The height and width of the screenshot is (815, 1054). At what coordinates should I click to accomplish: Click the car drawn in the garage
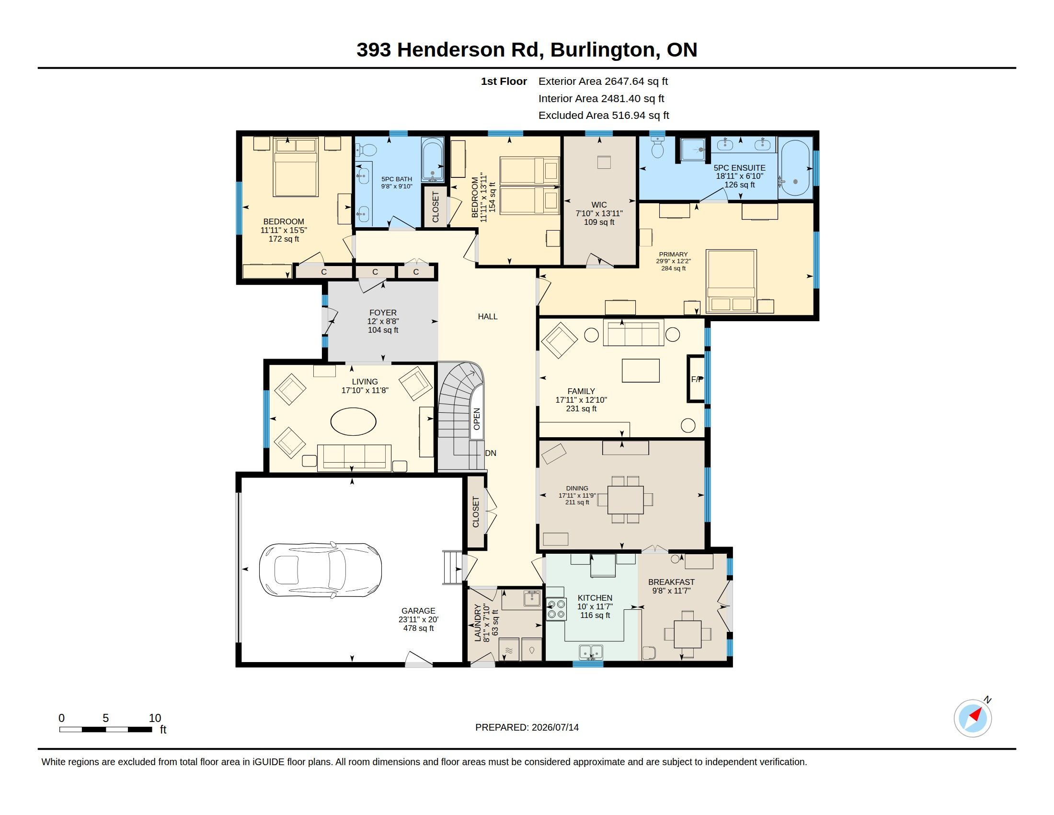click(x=321, y=570)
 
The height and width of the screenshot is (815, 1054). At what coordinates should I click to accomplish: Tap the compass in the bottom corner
click(x=973, y=718)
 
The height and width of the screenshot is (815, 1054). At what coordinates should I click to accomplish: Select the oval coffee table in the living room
click(x=353, y=422)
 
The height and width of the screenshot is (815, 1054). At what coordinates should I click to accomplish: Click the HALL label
click(x=487, y=317)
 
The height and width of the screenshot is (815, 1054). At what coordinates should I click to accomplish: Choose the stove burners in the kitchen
click(x=555, y=609)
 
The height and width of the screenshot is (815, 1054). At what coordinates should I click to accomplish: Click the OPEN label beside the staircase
click(x=477, y=419)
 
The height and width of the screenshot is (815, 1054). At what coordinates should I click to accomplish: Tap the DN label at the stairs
click(x=490, y=454)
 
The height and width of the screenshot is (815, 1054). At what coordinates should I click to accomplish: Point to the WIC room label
click(x=599, y=205)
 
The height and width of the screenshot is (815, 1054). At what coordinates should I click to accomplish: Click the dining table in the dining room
click(x=625, y=500)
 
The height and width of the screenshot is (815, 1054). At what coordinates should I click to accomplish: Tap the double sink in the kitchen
click(x=591, y=652)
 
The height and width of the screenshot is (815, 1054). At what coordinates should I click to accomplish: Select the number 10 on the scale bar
click(x=154, y=718)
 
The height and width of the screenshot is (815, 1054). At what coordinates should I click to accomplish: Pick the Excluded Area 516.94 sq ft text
click(x=604, y=116)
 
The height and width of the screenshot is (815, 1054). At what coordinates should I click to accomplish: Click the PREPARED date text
click(x=527, y=727)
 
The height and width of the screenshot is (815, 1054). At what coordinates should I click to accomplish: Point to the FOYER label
click(x=383, y=313)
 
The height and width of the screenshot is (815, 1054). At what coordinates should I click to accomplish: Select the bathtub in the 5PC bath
click(x=433, y=160)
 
